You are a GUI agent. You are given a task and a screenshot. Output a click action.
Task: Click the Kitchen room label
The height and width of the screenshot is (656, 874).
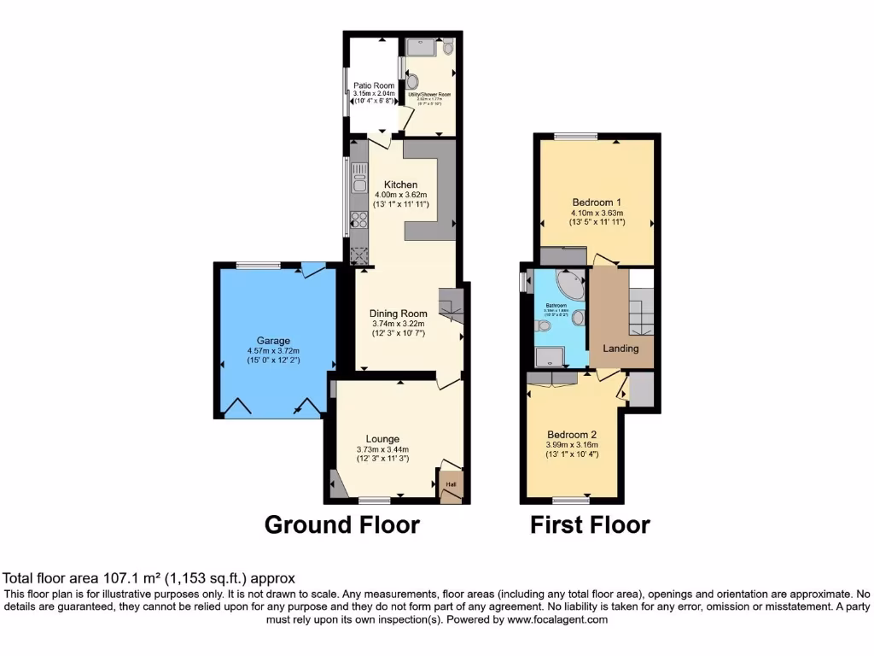pos(400,184)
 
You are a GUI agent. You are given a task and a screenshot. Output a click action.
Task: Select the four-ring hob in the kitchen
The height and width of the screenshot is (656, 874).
pos(359,221)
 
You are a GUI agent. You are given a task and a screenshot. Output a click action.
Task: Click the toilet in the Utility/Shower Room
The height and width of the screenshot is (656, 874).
pos(448,49)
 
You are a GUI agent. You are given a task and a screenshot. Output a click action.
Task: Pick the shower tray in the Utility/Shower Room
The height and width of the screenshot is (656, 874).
pos(421,48)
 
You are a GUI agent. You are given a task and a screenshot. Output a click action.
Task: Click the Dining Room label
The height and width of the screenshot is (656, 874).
pos(398,313)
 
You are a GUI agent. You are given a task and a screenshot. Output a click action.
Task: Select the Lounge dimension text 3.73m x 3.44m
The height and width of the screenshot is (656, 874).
pos(383,450)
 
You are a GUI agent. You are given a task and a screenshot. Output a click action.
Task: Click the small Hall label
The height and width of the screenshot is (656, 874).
pos(450,485)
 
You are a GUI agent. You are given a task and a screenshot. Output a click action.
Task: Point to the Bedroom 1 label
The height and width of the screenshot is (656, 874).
pos(597,202)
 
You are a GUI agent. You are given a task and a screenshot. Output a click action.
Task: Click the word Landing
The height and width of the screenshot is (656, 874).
pos(621,348)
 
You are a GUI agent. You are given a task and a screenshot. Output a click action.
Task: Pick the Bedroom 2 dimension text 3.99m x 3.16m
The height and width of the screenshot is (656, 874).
pos(573,444)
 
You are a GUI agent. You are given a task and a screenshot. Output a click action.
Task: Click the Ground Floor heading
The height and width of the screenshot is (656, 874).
pos(341,524)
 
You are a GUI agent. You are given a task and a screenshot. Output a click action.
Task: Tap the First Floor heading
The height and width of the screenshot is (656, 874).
pos(590,524)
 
